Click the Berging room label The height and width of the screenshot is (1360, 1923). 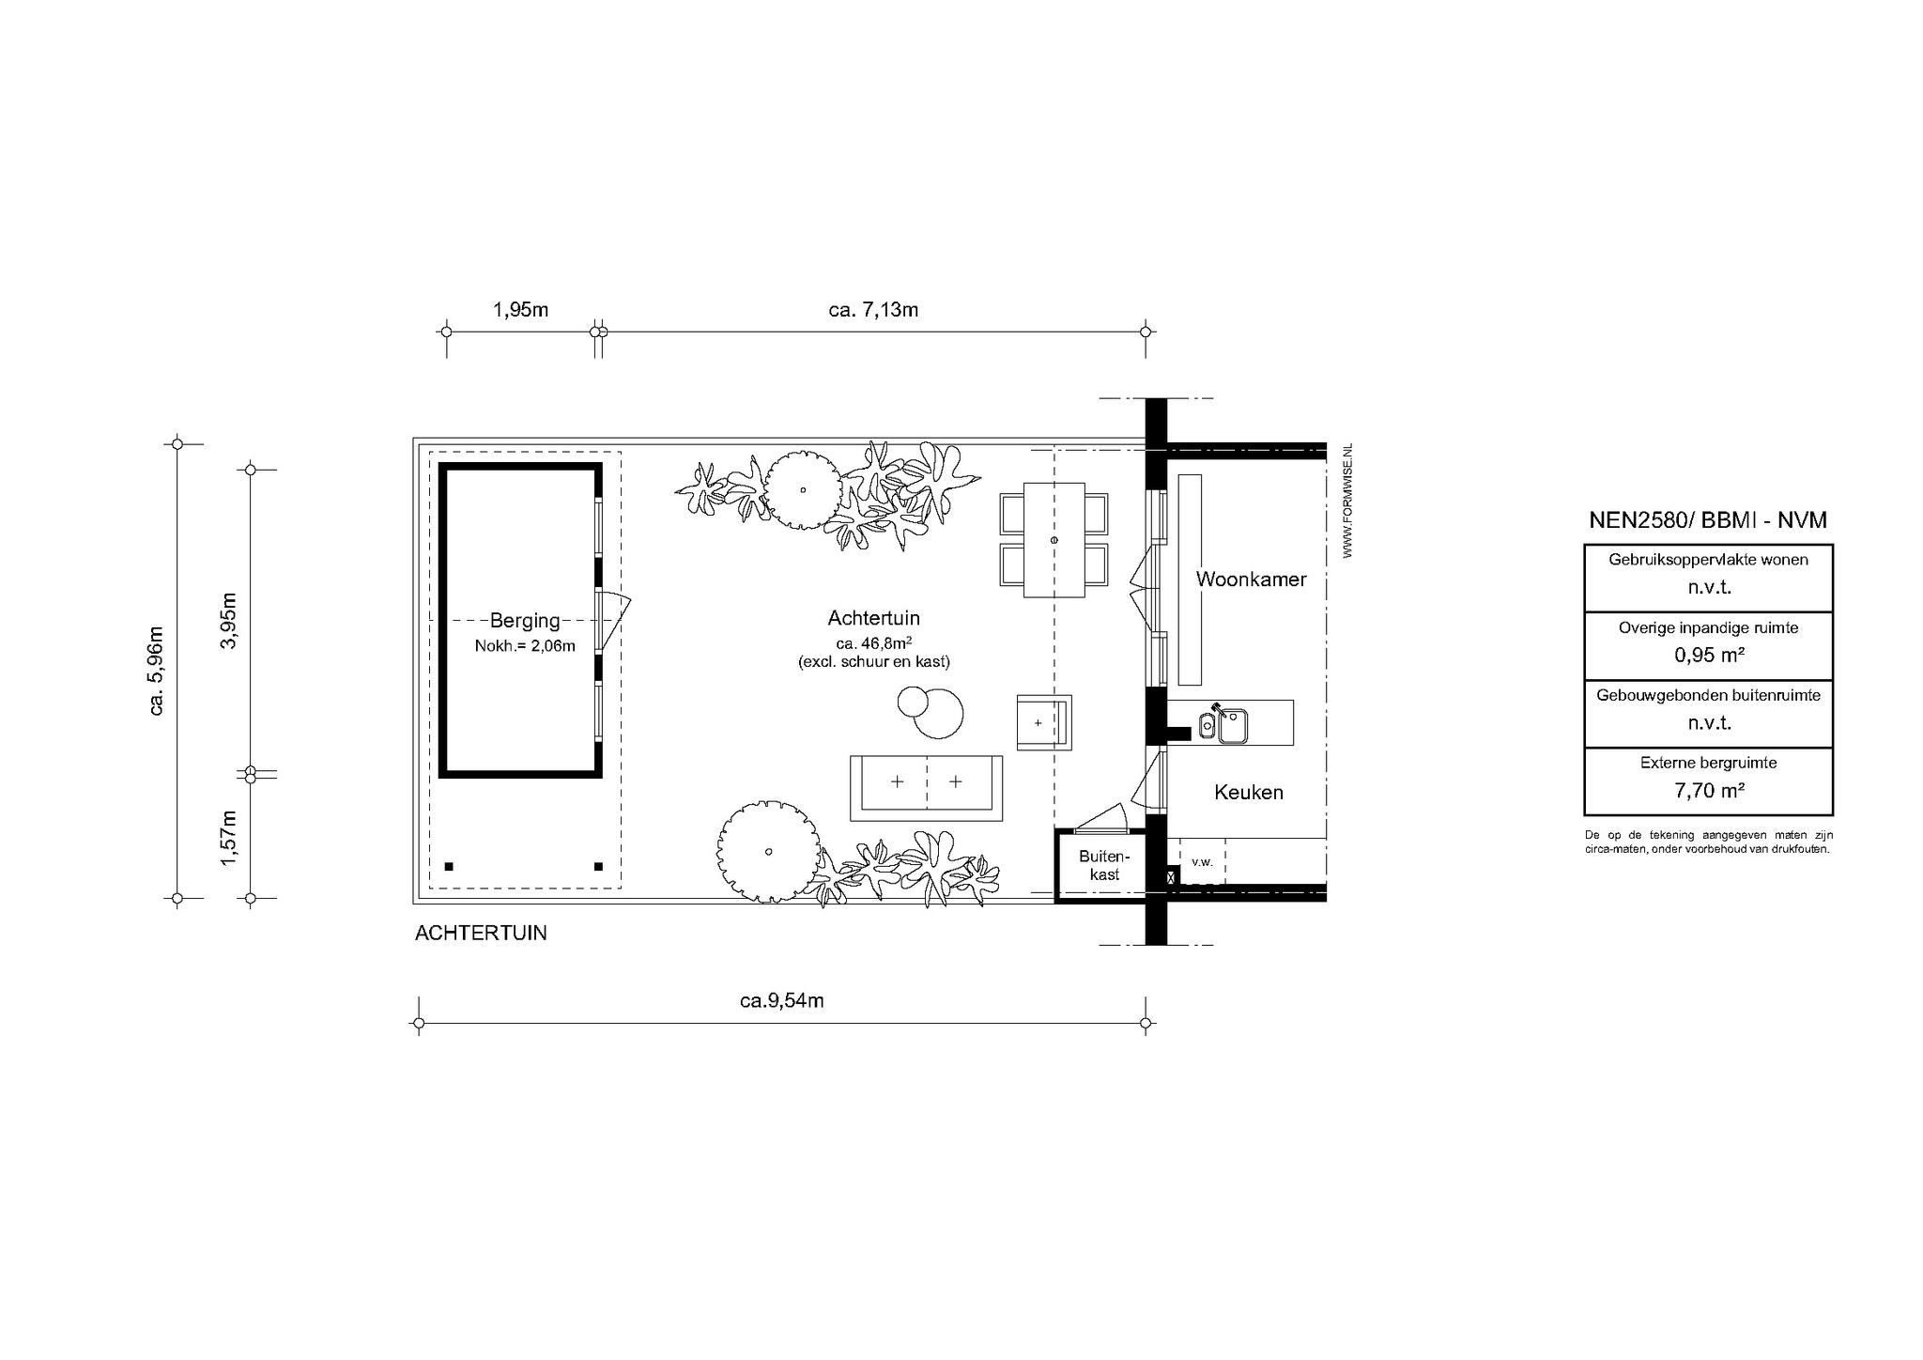525,621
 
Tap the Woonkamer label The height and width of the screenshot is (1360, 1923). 1251,580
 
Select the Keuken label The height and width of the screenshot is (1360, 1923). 1249,792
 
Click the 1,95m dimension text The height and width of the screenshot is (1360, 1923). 521,310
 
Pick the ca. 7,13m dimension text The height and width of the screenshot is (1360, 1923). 873,310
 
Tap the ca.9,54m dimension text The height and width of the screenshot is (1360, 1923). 781,1000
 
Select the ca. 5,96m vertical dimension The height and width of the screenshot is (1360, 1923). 157,671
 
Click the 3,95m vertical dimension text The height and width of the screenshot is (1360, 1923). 228,621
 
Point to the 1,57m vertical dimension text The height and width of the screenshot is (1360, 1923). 228,838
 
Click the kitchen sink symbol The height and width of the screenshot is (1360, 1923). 1223,723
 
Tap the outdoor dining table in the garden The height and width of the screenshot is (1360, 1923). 1054,540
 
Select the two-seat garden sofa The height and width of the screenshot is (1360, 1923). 926,787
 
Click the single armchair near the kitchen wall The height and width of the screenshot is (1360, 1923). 1043,722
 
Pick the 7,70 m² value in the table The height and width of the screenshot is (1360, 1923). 1709,791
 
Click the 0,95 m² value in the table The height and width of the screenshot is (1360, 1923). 1709,656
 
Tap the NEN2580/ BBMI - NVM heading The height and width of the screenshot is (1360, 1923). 1708,520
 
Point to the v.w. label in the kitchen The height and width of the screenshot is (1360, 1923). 1202,861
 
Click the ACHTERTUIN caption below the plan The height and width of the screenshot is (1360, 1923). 481,934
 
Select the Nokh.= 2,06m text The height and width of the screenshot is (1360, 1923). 525,645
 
